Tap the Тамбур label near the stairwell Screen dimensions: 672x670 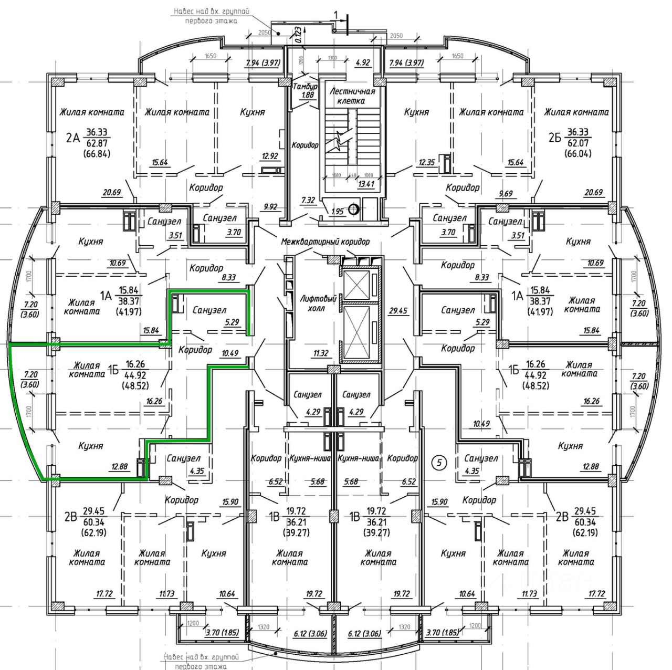[304, 87]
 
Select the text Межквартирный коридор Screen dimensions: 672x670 [325, 242]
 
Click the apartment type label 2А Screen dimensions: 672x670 [72, 139]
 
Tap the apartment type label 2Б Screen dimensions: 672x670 [555, 139]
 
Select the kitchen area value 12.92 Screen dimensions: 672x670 [270, 155]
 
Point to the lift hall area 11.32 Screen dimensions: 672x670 [320, 353]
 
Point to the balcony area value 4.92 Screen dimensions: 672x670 [363, 62]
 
